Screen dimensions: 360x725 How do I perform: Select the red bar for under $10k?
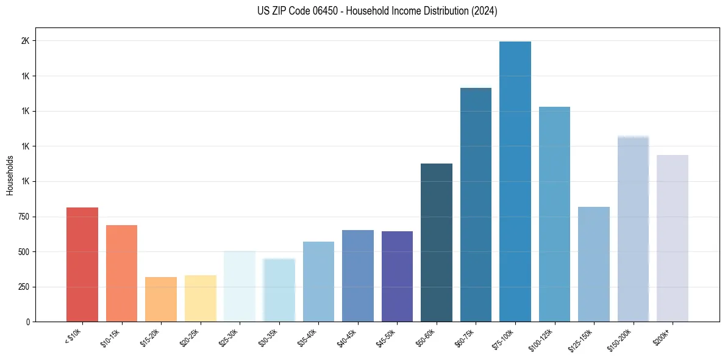82,265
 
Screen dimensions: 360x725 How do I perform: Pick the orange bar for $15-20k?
161,300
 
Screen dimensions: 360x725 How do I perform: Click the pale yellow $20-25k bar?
200,298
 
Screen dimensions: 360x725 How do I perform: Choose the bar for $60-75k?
476,205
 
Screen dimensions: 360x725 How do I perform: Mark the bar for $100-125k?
554,214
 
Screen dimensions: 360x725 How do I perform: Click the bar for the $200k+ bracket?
672,239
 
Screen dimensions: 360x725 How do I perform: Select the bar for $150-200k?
633,229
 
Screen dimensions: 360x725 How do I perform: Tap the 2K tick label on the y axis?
27,41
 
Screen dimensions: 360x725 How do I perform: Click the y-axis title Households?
10,175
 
